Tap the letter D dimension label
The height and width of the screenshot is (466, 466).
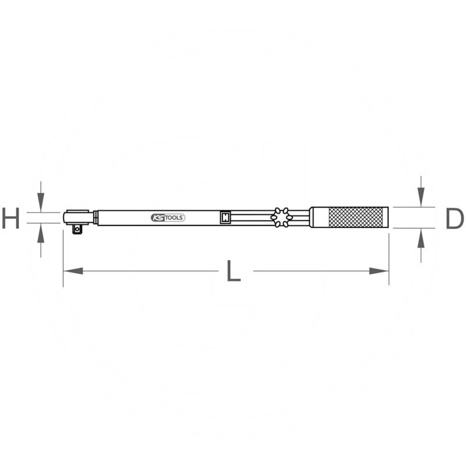pyautogui.click(x=454, y=219)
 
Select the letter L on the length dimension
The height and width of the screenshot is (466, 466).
pyautogui.click(x=233, y=271)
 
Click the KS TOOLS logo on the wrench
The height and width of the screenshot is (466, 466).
pyautogui.click(x=168, y=218)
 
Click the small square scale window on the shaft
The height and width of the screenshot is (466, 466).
pyautogui.click(x=225, y=217)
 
